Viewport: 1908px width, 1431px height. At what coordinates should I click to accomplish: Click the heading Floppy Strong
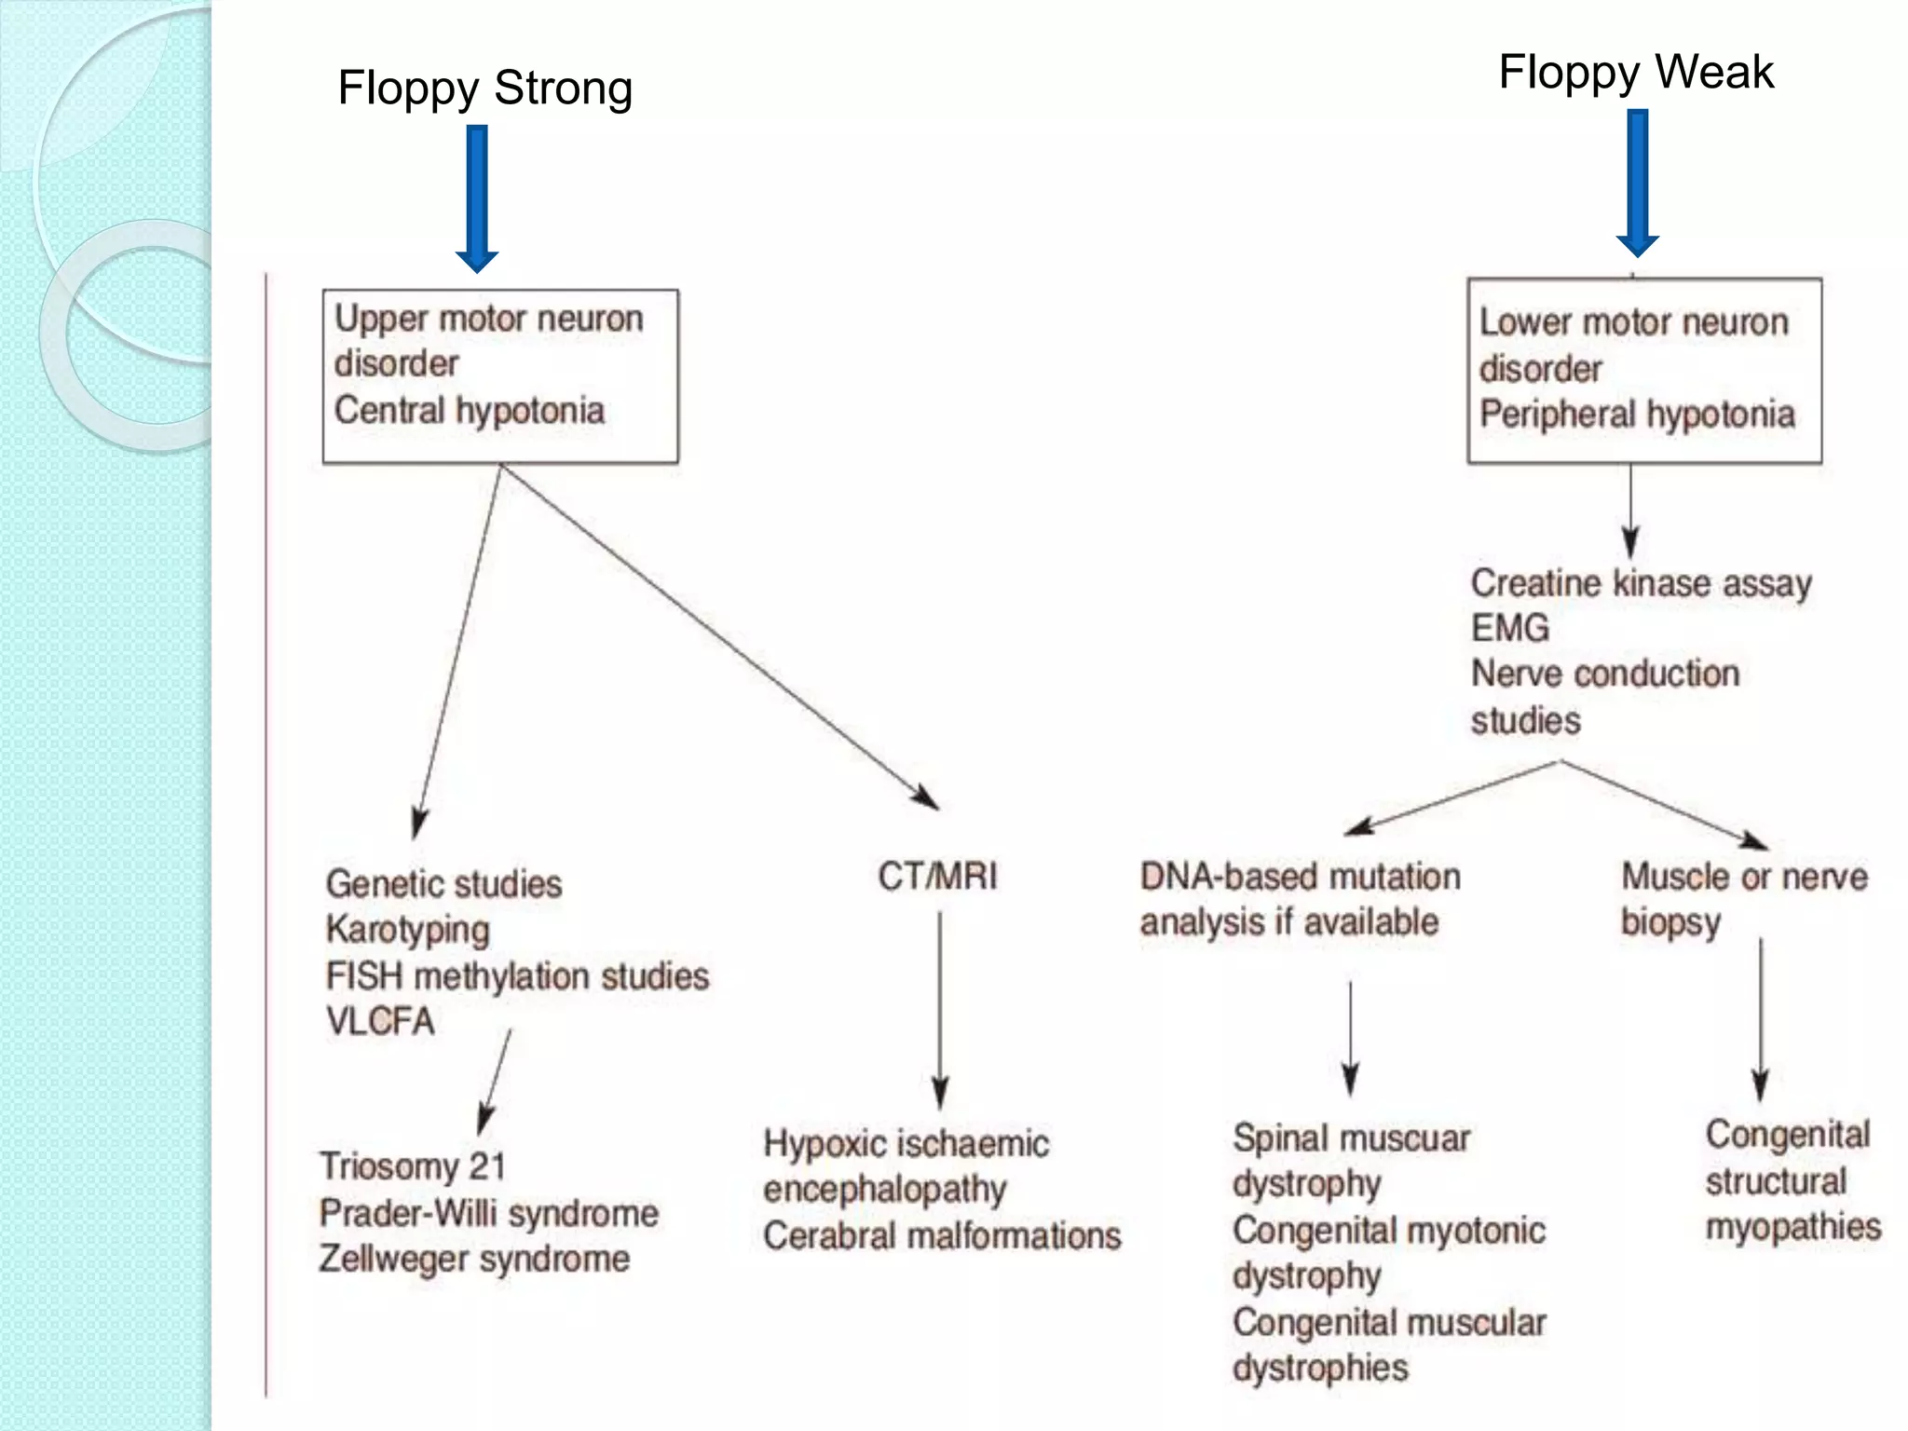(x=484, y=89)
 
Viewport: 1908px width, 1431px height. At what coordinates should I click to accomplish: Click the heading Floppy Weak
(x=1635, y=72)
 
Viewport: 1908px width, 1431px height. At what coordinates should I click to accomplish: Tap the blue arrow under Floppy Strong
(x=477, y=196)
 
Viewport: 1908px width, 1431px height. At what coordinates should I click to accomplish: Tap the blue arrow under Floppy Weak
(x=1637, y=182)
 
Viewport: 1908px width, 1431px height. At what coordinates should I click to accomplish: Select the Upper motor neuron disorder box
(x=500, y=375)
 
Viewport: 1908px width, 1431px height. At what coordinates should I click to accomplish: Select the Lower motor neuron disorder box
(x=1643, y=370)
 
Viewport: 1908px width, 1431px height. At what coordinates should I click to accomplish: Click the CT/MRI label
(x=937, y=876)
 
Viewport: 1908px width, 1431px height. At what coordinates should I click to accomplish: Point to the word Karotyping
(x=407, y=930)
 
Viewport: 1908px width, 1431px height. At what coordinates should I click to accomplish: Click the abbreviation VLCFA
(x=380, y=1021)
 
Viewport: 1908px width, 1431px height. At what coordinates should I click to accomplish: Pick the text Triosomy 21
(x=412, y=1165)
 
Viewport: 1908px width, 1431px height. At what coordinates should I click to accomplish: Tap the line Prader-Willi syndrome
(x=488, y=1212)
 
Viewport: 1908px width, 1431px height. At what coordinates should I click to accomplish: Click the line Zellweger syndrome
(x=473, y=1259)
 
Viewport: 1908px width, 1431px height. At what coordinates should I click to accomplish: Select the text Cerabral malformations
(x=942, y=1235)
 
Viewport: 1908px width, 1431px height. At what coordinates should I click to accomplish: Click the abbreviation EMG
(x=1509, y=628)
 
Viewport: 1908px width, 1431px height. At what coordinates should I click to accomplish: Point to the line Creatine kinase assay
(x=1641, y=583)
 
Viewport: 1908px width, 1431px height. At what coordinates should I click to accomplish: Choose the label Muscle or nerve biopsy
(x=1743, y=898)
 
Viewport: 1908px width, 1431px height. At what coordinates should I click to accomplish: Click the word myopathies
(x=1792, y=1226)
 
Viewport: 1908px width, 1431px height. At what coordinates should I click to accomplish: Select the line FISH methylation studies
(x=517, y=976)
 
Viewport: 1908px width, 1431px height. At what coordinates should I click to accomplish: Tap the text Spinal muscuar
(x=1351, y=1138)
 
